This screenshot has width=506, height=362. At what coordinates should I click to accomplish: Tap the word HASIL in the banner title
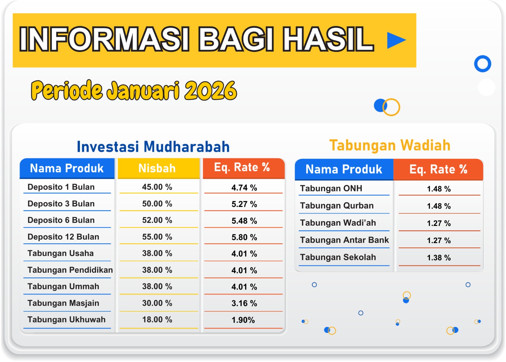(328, 39)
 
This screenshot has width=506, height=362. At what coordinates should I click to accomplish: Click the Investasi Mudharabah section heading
(153, 147)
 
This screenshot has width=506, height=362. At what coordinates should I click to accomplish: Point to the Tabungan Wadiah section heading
(390, 145)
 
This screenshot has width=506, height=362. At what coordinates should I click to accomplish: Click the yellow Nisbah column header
(158, 168)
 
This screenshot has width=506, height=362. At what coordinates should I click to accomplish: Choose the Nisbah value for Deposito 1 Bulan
(157, 187)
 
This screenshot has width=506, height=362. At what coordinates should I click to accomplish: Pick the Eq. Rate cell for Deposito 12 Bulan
(244, 237)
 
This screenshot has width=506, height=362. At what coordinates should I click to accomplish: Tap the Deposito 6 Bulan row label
(61, 220)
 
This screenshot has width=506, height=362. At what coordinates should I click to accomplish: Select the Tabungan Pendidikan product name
(70, 270)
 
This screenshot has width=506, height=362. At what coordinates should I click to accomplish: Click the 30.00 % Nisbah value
(157, 303)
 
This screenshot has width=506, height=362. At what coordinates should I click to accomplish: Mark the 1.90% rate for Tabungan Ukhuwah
(243, 320)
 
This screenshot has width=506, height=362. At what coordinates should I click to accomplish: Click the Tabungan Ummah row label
(63, 286)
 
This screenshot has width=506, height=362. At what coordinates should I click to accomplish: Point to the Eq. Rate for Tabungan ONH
(439, 189)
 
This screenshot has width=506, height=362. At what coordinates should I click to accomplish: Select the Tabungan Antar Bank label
(344, 240)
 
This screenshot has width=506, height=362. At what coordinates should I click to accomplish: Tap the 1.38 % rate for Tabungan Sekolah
(439, 258)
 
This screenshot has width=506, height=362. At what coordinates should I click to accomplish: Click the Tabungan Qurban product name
(337, 206)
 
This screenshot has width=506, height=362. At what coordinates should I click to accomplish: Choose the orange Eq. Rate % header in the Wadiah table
(438, 169)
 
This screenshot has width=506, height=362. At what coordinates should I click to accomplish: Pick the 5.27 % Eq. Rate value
(244, 204)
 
